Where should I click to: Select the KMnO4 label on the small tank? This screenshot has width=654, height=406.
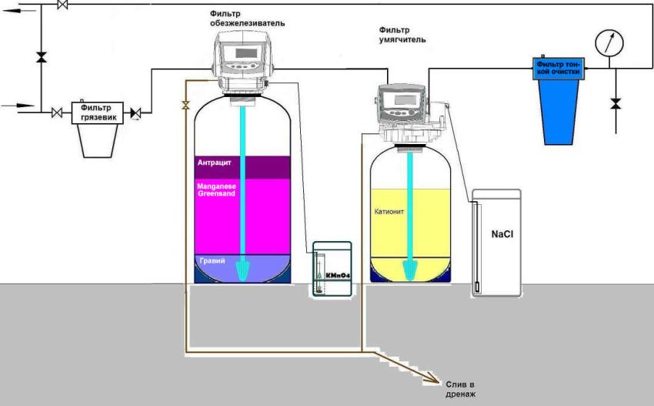(335, 273)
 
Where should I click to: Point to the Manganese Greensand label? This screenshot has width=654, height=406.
(218, 190)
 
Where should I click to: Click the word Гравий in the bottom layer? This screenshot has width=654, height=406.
(211, 262)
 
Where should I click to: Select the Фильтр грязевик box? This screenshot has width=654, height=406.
(95, 110)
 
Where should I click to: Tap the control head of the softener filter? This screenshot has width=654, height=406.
(399, 106)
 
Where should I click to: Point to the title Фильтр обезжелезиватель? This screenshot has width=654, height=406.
(247, 18)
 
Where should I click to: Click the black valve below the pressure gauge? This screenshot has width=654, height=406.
(615, 102)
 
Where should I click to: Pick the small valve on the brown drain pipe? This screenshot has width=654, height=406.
(185, 104)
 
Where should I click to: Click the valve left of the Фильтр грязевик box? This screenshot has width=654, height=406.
(57, 112)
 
